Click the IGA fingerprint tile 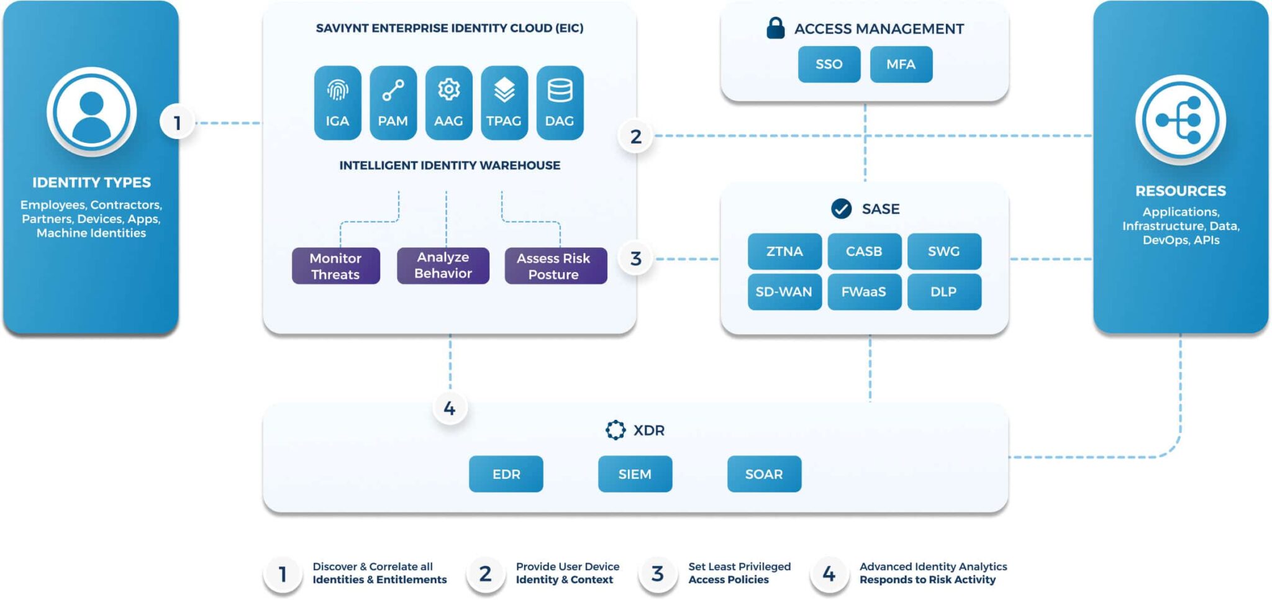click(x=337, y=103)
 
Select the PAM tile click(x=393, y=103)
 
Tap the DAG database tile click(x=560, y=103)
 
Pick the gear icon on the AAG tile click(x=448, y=90)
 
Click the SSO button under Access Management click(x=829, y=64)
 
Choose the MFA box click(x=901, y=64)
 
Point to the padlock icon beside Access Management click(x=775, y=28)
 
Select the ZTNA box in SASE click(x=784, y=252)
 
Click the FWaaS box click(x=864, y=292)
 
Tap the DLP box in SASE click(x=943, y=292)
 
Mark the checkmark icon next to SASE click(x=842, y=209)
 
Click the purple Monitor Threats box click(x=335, y=266)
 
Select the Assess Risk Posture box click(x=555, y=266)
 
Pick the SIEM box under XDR click(x=635, y=474)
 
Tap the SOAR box click(x=764, y=474)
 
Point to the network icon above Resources click(x=1180, y=120)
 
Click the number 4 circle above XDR click(x=450, y=408)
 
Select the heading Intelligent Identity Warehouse click(x=450, y=165)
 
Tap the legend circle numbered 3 click(x=657, y=574)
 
